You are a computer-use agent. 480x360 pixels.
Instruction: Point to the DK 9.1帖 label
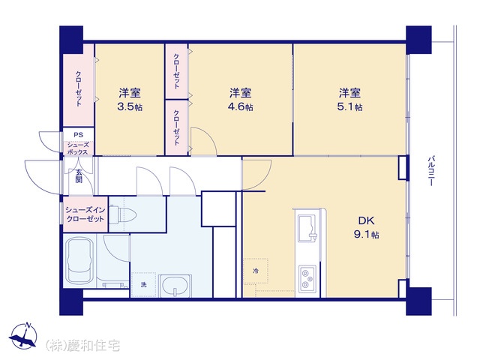pos(367,227)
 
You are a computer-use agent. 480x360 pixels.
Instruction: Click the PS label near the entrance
pos(78,135)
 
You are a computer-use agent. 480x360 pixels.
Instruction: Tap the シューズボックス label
pos(77,148)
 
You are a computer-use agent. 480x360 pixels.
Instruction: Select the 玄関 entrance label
pos(79,175)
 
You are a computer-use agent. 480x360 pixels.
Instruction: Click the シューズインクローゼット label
pos(85,214)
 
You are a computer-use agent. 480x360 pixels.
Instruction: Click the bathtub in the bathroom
pos(79,261)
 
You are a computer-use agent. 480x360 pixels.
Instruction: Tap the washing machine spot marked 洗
pos(143,285)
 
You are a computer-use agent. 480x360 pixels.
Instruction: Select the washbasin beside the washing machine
pos(175,286)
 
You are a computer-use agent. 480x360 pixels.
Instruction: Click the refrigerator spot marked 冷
pos(256,271)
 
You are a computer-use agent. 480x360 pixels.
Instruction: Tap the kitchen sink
pos(307,228)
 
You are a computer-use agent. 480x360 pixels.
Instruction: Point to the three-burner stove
pos(307,278)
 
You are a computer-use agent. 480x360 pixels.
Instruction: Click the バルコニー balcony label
pos(431,171)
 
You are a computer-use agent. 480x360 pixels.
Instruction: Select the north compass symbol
pos(23,335)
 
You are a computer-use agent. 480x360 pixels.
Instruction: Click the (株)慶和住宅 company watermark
pos(82,346)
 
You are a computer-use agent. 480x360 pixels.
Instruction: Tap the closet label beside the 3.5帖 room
pos(79,88)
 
